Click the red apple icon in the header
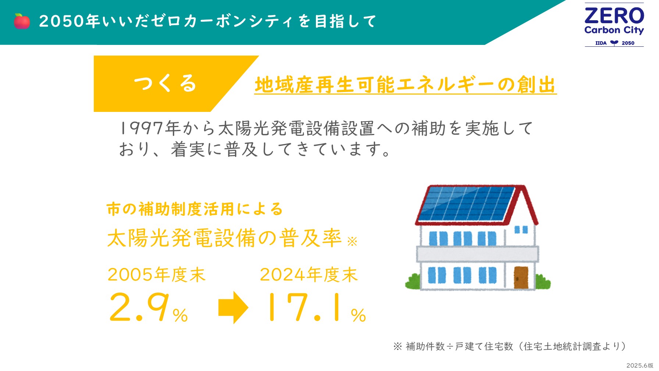click(x=22, y=21)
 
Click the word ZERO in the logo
click(x=614, y=16)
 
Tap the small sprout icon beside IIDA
click(x=614, y=43)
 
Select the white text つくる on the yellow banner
click(x=165, y=83)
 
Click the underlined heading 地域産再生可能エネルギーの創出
click(x=405, y=85)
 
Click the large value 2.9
click(x=140, y=307)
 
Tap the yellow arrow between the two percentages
click(x=233, y=307)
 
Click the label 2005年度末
click(x=156, y=275)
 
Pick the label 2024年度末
click(x=309, y=275)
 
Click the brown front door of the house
click(x=521, y=277)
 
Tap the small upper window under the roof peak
click(x=521, y=230)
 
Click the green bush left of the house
click(x=413, y=282)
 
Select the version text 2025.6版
click(x=640, y=365)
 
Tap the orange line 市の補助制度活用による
click(x=195, y=209)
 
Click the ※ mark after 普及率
click(x=352, y=241)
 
